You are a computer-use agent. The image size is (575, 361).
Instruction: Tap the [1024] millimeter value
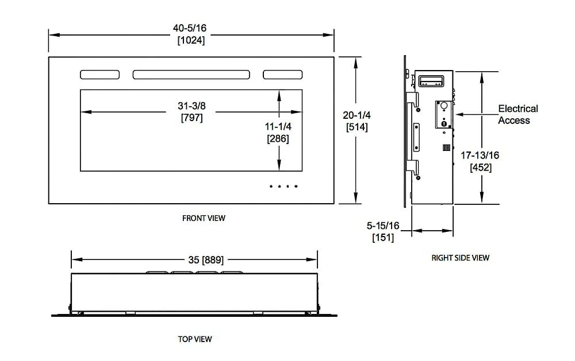tap(191, 41)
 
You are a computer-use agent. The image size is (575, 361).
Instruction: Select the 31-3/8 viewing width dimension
tap(191, 106)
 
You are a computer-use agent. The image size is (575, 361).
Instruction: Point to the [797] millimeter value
tap(191, 118)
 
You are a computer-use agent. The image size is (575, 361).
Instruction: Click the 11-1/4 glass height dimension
tap(278, 127)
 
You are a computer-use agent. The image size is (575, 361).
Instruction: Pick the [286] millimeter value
tap(278, 139)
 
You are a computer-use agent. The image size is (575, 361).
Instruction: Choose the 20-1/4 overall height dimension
tap(357, 115)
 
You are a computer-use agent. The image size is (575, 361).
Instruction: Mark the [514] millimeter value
tap(357, 127)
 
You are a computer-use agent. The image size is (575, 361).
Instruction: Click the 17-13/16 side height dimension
tap(480, 156)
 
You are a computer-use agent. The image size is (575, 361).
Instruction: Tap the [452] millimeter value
tap(480, 168)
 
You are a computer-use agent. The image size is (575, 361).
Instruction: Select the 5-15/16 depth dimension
tap(384, 226)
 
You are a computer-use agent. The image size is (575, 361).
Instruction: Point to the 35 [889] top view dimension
tap(194, 259)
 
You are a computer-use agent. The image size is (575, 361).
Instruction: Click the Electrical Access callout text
tap(517, 114)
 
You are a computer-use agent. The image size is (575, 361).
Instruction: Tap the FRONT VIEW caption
tap(204, 218)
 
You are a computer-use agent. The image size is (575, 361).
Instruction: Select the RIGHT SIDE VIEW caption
tap(460, 258)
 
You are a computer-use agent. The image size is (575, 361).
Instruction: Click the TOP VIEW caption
tap(195, 339)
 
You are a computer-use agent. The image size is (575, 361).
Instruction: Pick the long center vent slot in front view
tap(191, 75)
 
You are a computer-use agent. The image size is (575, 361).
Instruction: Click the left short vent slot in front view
tap(99, 75)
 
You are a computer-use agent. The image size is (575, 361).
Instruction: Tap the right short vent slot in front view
tap(282, 75)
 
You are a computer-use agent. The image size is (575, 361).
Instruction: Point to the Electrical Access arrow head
tap(458, 115)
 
